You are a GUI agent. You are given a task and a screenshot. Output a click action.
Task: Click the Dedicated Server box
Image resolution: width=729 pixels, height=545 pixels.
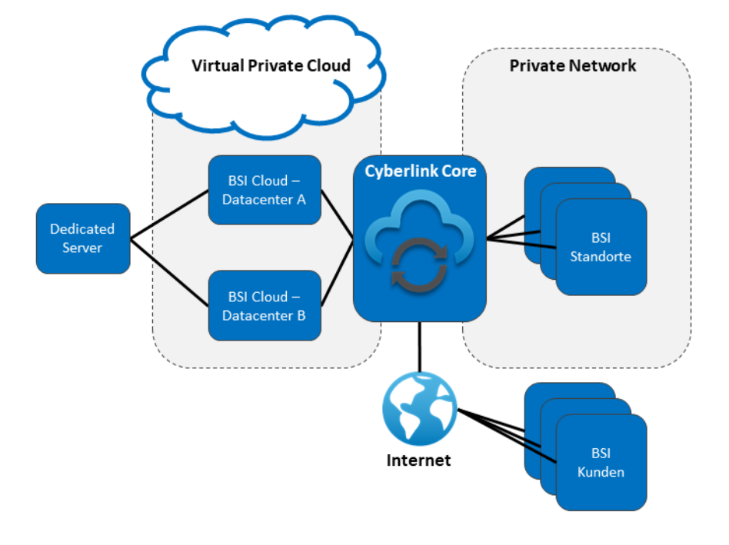[x=82, y=238]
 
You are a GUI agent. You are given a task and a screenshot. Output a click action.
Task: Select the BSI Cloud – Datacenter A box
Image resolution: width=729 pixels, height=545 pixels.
[x=264, y=190]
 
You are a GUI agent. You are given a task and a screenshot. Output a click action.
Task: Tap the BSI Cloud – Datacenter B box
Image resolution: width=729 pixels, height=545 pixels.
[x=264, y=305]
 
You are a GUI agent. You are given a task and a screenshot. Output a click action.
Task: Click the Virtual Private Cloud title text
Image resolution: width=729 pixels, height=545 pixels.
[x=271, y=65]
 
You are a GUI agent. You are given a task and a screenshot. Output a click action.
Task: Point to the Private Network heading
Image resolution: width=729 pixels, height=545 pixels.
[x=573, y=65]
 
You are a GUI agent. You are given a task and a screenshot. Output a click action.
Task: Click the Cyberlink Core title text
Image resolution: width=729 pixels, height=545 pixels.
[x=420, y=171]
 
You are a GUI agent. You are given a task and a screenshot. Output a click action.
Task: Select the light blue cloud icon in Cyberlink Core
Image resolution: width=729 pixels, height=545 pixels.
[x=420, y=223]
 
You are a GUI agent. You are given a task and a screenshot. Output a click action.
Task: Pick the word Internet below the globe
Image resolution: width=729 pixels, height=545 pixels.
[x=418, y=460]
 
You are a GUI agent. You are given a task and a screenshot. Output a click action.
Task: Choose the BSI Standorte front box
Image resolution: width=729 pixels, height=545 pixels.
[x=601, y=247]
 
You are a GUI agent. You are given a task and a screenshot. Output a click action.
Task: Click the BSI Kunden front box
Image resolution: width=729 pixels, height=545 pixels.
[x=601, y=462]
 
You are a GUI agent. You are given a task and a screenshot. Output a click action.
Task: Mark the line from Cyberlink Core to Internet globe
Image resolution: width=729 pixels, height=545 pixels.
[x=420, y=351]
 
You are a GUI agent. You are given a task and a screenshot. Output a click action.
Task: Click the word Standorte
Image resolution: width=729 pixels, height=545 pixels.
[x=601, y=256]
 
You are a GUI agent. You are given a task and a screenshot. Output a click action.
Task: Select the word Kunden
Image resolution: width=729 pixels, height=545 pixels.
[x=601, y=471]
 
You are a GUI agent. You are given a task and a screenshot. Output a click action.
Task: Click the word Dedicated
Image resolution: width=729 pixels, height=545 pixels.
[x=82, y=229]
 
